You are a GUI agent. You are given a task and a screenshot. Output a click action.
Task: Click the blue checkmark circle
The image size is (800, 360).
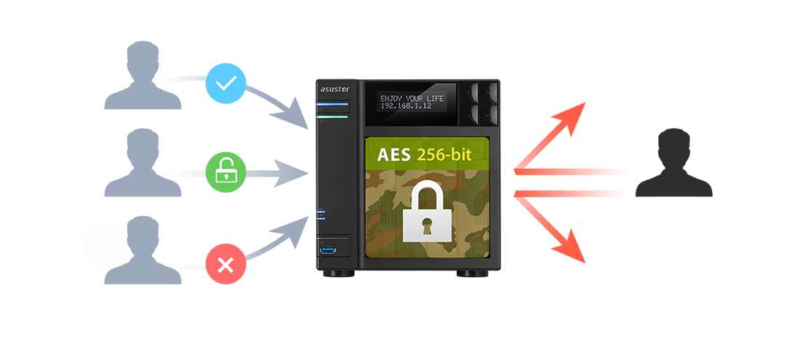(225, 84)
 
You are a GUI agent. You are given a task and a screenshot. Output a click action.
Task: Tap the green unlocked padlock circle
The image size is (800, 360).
(225, 172)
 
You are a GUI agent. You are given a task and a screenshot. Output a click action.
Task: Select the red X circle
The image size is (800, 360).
(225, 264)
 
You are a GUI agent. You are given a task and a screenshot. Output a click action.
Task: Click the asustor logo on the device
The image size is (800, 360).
(335, 89)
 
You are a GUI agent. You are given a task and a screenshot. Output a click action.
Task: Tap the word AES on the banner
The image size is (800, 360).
(393, 154)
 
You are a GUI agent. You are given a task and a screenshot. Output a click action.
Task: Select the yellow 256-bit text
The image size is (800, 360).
(444, 154)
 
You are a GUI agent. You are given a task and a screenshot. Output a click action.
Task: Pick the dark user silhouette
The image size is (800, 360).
(673, 163)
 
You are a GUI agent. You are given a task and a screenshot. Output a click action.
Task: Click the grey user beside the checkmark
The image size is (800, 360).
(143, 76)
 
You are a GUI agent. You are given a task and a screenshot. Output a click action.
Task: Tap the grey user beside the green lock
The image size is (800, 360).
(143, 163)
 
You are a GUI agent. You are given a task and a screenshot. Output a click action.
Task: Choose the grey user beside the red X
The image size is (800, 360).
(143, 250)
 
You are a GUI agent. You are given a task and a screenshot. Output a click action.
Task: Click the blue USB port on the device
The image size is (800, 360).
(327, 250)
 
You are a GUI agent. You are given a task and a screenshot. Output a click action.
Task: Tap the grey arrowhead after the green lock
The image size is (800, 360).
(292, 173)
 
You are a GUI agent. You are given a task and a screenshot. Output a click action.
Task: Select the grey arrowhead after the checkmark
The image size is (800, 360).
(292, 113)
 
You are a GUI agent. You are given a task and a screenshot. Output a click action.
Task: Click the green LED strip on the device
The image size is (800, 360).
(332, 117)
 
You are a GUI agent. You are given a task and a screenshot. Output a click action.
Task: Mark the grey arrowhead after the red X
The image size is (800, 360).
(292, 232)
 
